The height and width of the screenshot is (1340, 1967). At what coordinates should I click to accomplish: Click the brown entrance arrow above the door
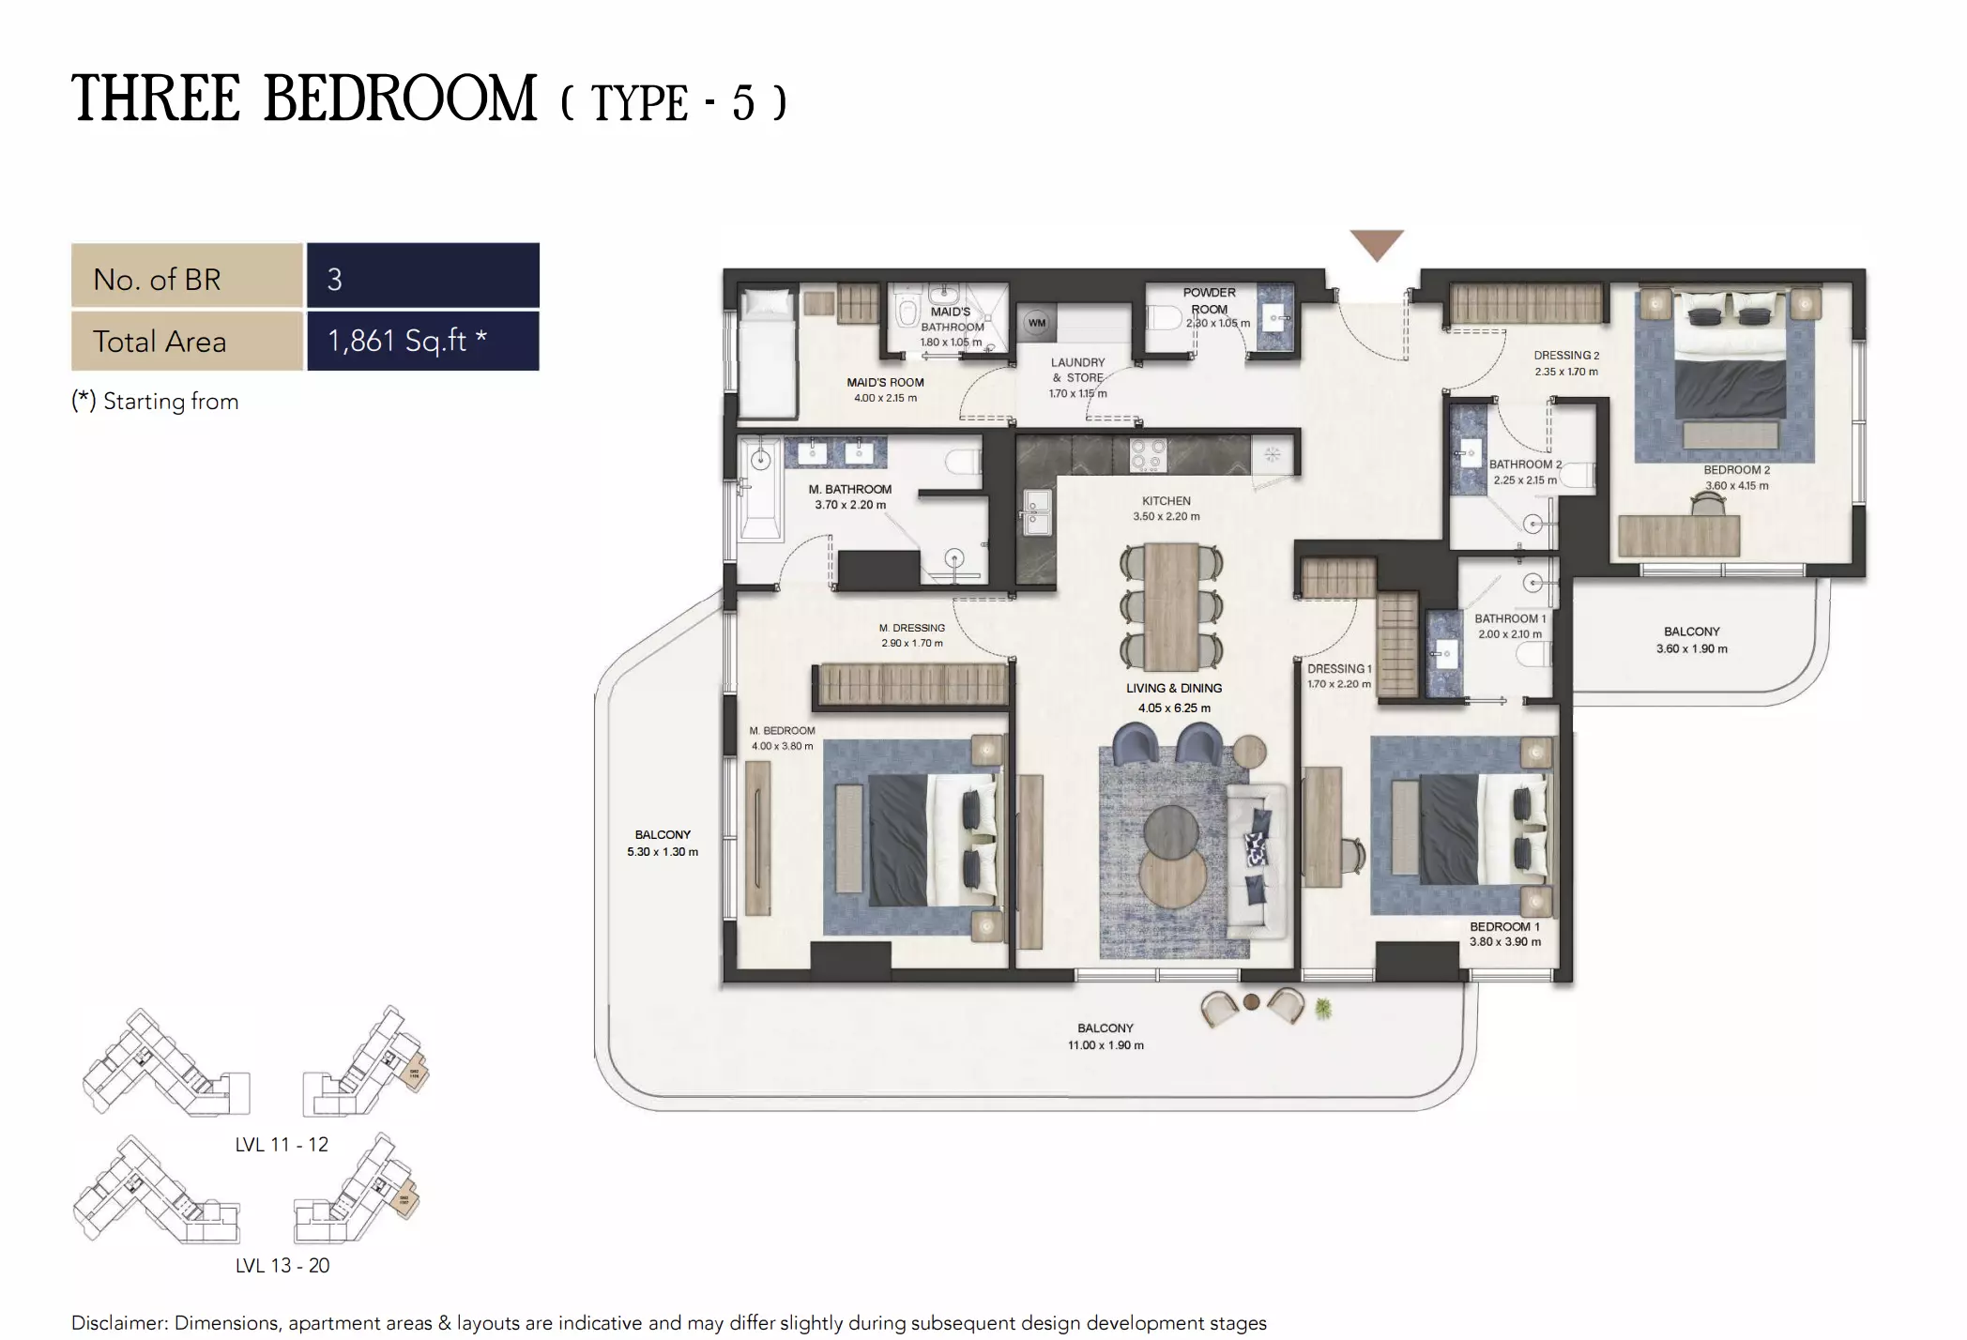coord(1376,243)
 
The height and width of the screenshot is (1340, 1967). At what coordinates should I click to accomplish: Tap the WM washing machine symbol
coord(1036,323)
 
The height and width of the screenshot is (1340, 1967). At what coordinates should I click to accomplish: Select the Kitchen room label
coord(1166,501)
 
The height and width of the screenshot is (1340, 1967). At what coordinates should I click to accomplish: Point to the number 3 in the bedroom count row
coord(335,279)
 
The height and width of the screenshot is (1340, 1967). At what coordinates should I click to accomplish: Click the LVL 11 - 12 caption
coord(282,1145)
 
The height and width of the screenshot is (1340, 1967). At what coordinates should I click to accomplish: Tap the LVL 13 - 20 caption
coord(282,1266)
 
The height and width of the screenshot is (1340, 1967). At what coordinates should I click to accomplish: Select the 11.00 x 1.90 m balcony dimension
coord(1105,1045)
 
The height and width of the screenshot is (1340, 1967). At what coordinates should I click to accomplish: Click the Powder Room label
coord(1209,300)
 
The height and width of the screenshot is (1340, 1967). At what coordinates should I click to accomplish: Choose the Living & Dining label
coord(1174,688)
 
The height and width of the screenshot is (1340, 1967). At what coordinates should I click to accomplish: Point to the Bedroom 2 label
coord(1736,470)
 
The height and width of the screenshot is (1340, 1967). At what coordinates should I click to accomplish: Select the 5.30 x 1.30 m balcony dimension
coord(663,852)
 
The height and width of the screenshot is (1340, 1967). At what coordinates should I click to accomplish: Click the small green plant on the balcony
coord(1323,1009)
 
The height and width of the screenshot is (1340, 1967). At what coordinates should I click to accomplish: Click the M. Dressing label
coord(911,628)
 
